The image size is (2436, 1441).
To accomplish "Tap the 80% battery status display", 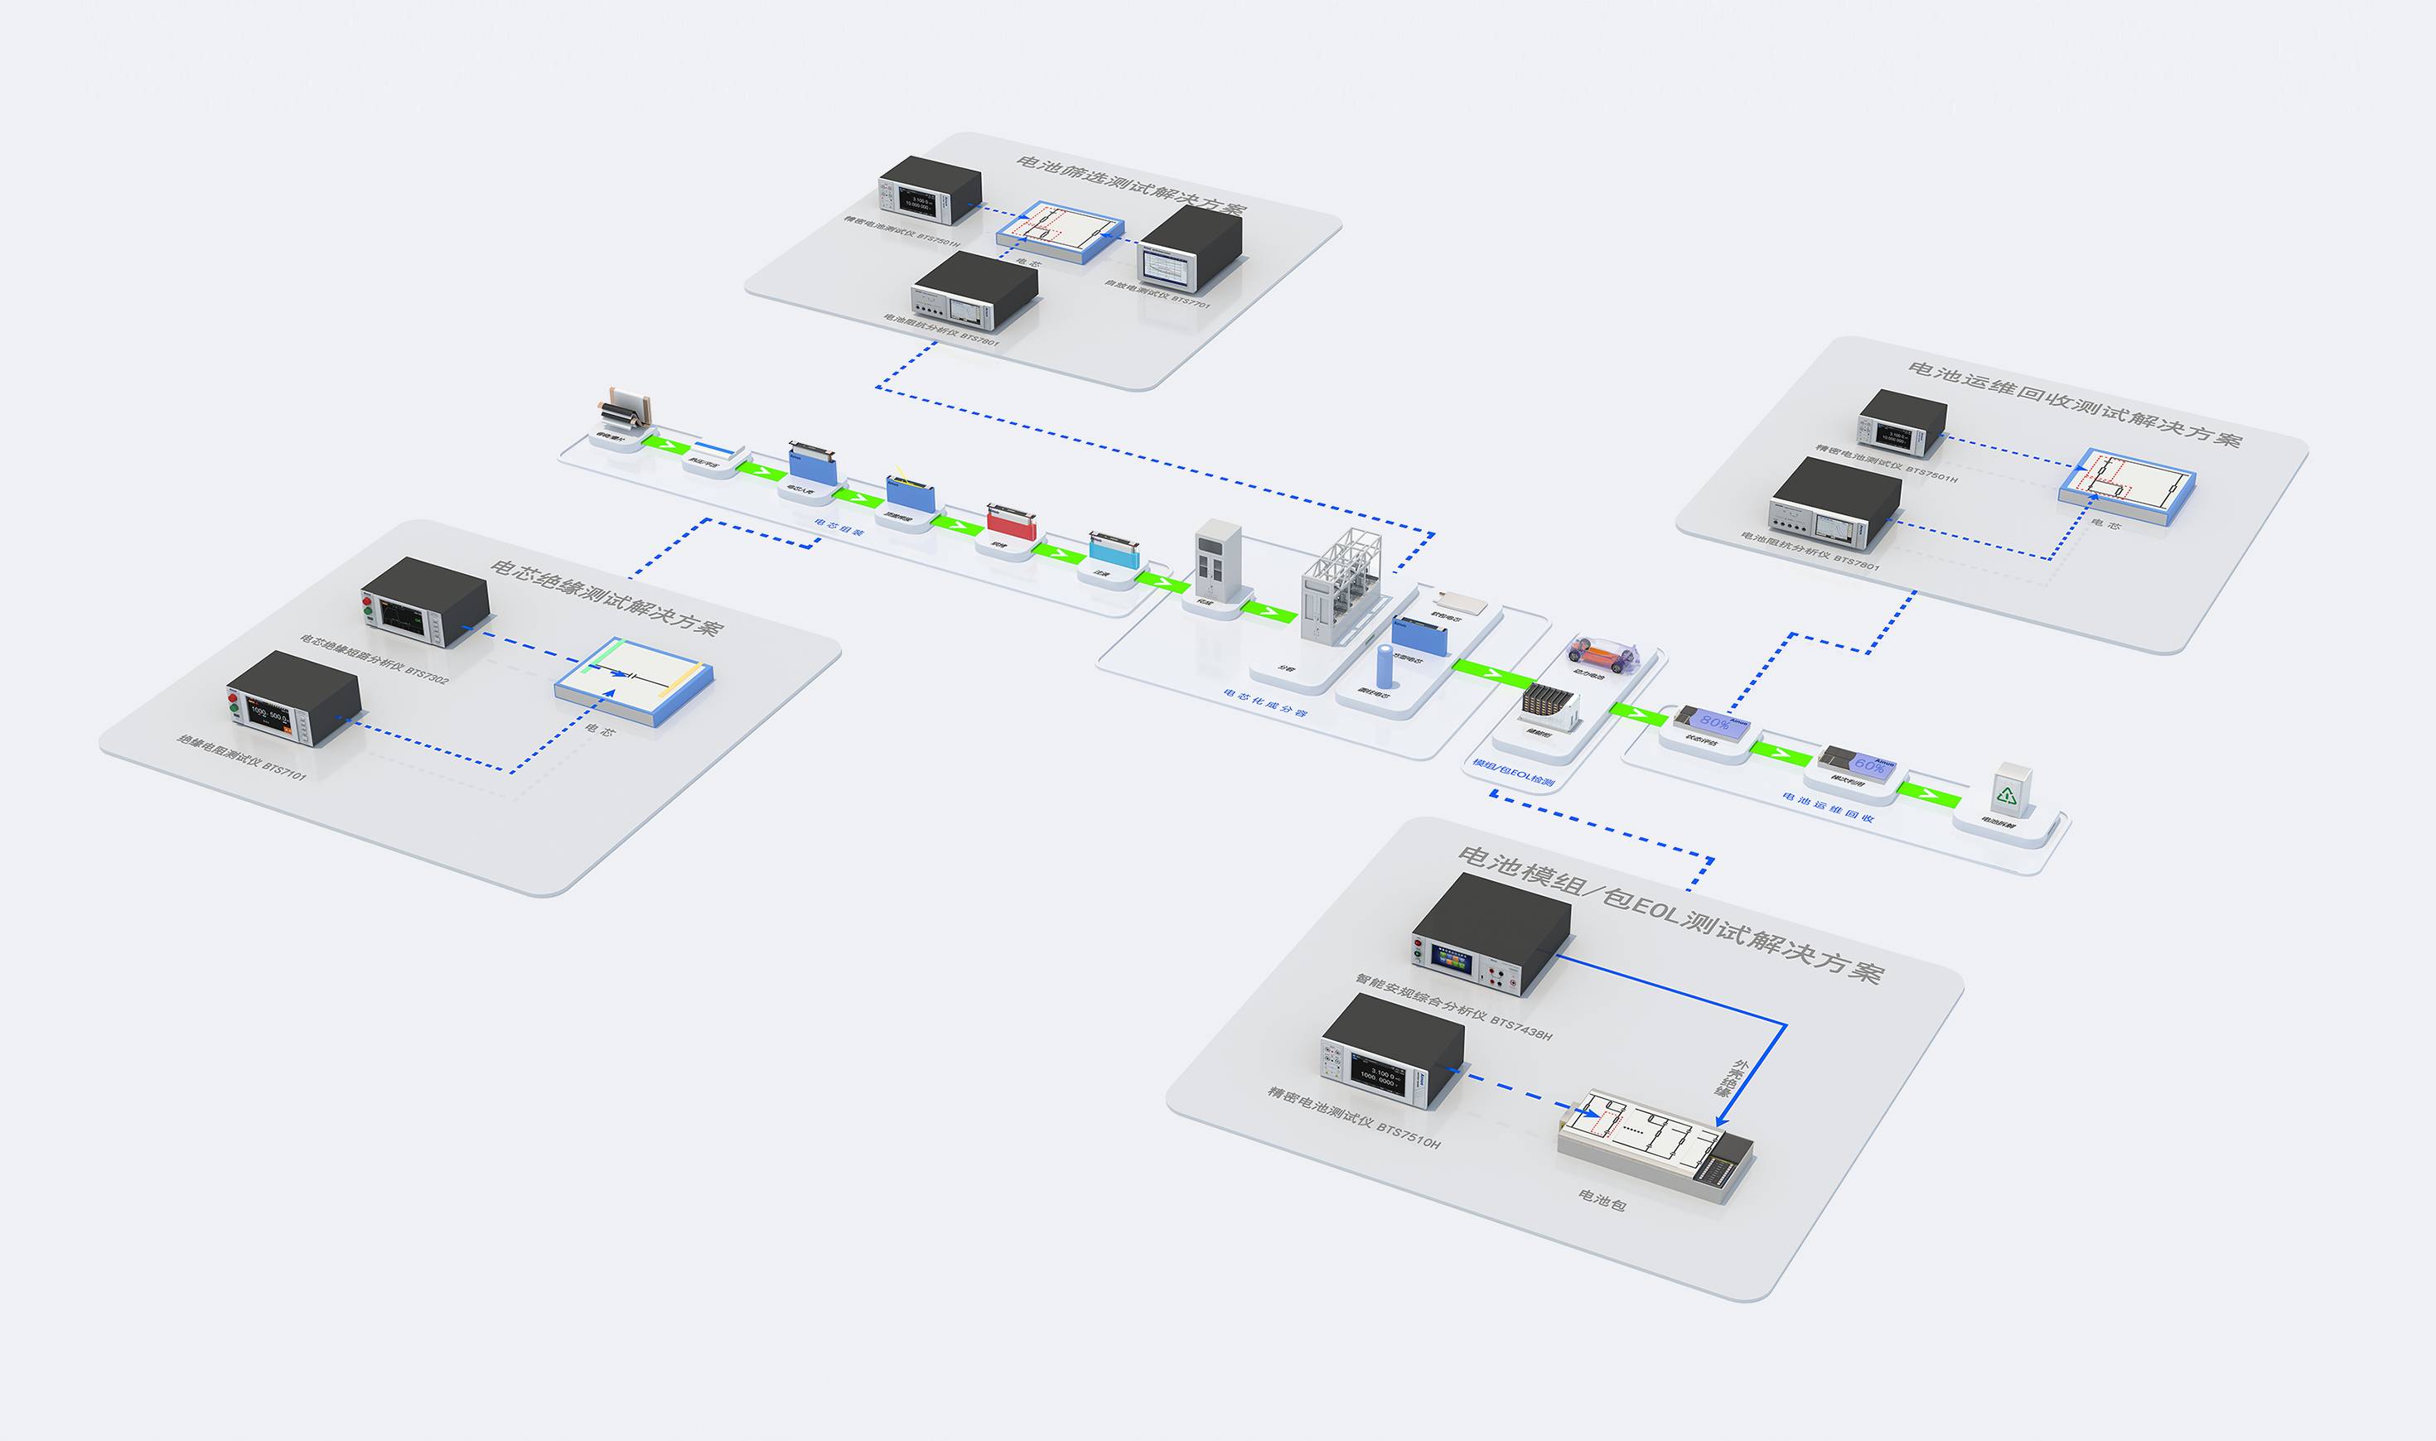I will [1710, 720].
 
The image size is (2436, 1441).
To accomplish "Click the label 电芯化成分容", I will [1264, 703].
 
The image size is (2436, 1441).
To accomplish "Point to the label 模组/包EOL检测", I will [1513, 772].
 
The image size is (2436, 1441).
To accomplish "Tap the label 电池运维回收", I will [1827, 807].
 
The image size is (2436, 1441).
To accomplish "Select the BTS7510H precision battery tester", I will [1392, 1053].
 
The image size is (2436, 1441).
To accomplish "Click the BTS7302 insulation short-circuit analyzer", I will [424, 601].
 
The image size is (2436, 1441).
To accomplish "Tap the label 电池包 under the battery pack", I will [1602, 1201].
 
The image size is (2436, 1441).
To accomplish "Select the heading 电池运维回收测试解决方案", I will [2074, 404].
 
